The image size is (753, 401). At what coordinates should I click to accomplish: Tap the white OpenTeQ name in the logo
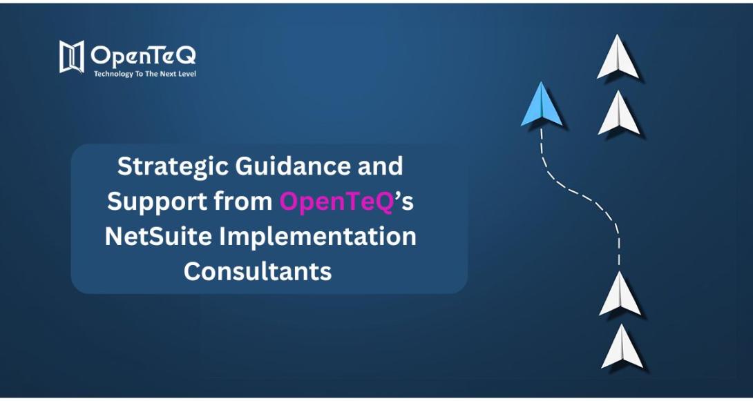click(143, 55)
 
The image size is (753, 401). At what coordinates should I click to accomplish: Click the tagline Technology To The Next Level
click(144, 74)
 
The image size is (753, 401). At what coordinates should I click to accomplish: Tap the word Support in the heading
click(148, 202)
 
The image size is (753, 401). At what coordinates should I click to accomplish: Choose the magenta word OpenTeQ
click(336, 202)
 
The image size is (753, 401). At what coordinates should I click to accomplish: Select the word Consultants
click(258, 271)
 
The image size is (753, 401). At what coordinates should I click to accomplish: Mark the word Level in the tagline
click(187, 74)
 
